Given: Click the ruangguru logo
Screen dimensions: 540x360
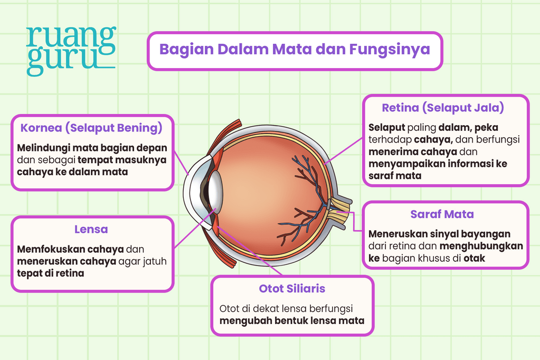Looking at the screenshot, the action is [x=71, y=51].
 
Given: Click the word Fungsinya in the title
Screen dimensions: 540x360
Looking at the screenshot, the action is [x=390, y=50].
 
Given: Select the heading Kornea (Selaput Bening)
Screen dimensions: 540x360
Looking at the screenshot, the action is [x=91, y=128].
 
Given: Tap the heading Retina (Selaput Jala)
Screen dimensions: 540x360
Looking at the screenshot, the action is [x=443, y=108].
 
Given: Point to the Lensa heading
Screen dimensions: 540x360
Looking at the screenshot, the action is [x=91, y=229].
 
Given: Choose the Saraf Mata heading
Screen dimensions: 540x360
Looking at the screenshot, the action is [x=442, y=214].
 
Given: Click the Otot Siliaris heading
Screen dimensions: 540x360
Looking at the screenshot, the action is [x=292, y=288].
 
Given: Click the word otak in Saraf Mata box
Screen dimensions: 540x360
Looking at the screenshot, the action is [x=474, y=258].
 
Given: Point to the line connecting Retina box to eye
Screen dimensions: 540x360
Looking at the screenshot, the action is [x=343, y=151].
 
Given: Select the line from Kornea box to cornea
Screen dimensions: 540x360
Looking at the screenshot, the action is [x=181, y=163].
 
